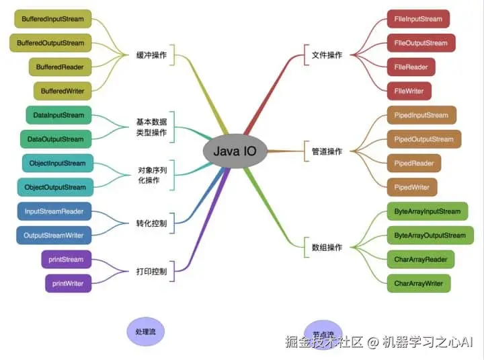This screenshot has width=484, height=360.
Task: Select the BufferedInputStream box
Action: tap(53, 19)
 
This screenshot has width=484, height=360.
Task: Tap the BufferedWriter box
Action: tap(63, 91)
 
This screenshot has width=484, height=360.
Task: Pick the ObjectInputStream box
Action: tap(58, 164)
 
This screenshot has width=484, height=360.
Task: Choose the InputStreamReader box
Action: tap(54, 211)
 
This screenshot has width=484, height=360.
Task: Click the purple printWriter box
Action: tap(68, 283)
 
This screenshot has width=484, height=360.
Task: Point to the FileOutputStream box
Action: tap(421, 43)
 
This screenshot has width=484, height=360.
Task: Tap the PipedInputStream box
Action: tap(421, 115)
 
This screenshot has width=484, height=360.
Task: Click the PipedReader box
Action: tap(414, 164)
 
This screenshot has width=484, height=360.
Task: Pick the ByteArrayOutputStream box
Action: tap(430, 236)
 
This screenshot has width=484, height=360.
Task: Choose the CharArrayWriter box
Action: tap(419, 283)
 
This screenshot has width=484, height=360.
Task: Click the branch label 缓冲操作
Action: tap(151, 55)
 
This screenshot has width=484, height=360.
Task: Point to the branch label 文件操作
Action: tap(327, 55)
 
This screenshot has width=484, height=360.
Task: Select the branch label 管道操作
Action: tap(327, 151)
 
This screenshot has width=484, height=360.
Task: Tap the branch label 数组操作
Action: tap(327, 248)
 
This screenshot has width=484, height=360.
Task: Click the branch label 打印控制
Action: tap(151, 272)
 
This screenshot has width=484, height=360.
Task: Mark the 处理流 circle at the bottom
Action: tap(146, 332)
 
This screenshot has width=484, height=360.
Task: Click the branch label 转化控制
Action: tap(151, 223)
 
